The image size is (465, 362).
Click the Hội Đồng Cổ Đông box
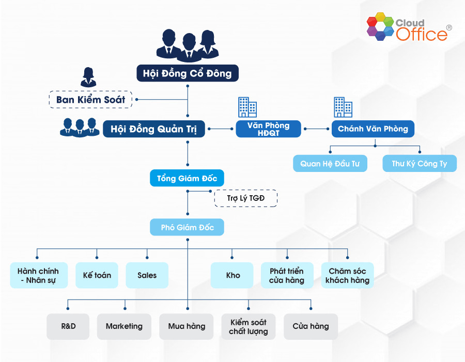(188, 73)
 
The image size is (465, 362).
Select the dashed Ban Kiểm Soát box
(91, 99)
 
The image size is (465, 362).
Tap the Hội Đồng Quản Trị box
(154, 129)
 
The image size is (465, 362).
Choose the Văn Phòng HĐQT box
(268, 129)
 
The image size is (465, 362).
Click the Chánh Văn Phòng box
(373, 129)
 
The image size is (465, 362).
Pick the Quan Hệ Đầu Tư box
(330, 164)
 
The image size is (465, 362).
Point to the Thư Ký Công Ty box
(419, 164)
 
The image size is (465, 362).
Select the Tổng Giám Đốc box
(187, 179)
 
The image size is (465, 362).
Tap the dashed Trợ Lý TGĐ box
(245, 198)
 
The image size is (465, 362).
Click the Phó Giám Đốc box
(187, 227)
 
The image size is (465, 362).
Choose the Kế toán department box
(97, 275)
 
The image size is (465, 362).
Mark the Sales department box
(147, 275)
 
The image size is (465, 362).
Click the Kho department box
(233, 275)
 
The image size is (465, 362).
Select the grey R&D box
(68, 326)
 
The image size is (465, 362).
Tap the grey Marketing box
(124, 326)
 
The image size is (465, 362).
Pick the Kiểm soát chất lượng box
(249, 326)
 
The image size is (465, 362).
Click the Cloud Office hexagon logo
(380, 28)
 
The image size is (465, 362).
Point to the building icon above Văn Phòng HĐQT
(247, 107)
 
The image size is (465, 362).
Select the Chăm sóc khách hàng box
(347, 275)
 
